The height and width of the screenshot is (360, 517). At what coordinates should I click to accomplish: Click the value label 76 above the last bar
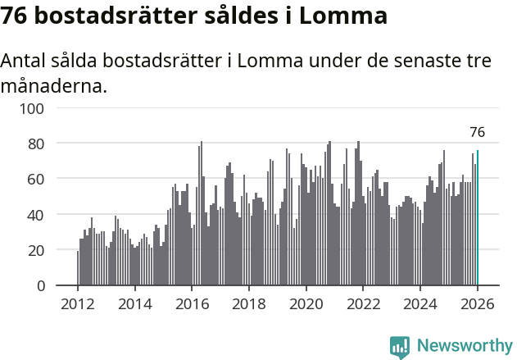[477, 132]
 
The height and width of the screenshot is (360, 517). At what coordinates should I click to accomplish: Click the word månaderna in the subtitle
[54, 84]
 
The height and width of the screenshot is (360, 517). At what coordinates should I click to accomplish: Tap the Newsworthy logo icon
[400, 347]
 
